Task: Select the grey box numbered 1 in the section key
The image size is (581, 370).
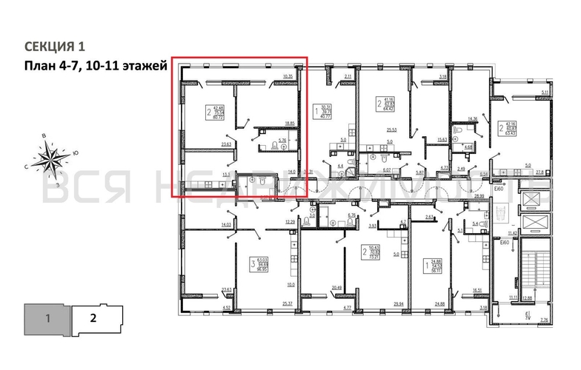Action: (47, 319)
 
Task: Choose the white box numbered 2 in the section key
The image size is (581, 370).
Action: (93, 319)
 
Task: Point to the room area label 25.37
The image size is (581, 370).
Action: (288, 303)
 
